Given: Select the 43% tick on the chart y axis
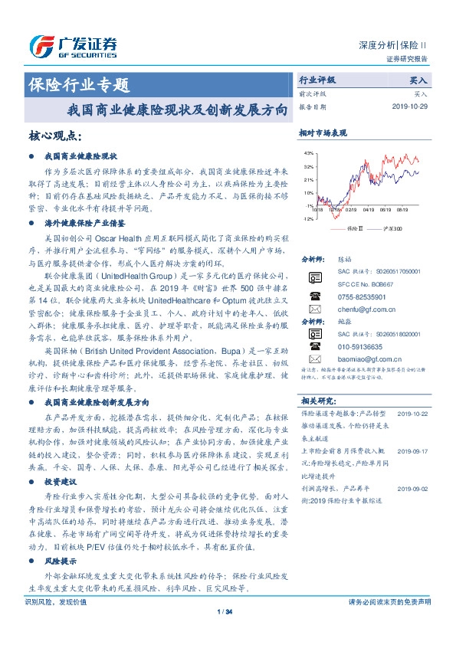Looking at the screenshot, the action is click(308, 153).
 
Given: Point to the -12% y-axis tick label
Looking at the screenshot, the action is click(307, 219).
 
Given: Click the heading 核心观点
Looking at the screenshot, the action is click(54, 136).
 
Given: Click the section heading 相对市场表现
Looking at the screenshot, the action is click(323, 133).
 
